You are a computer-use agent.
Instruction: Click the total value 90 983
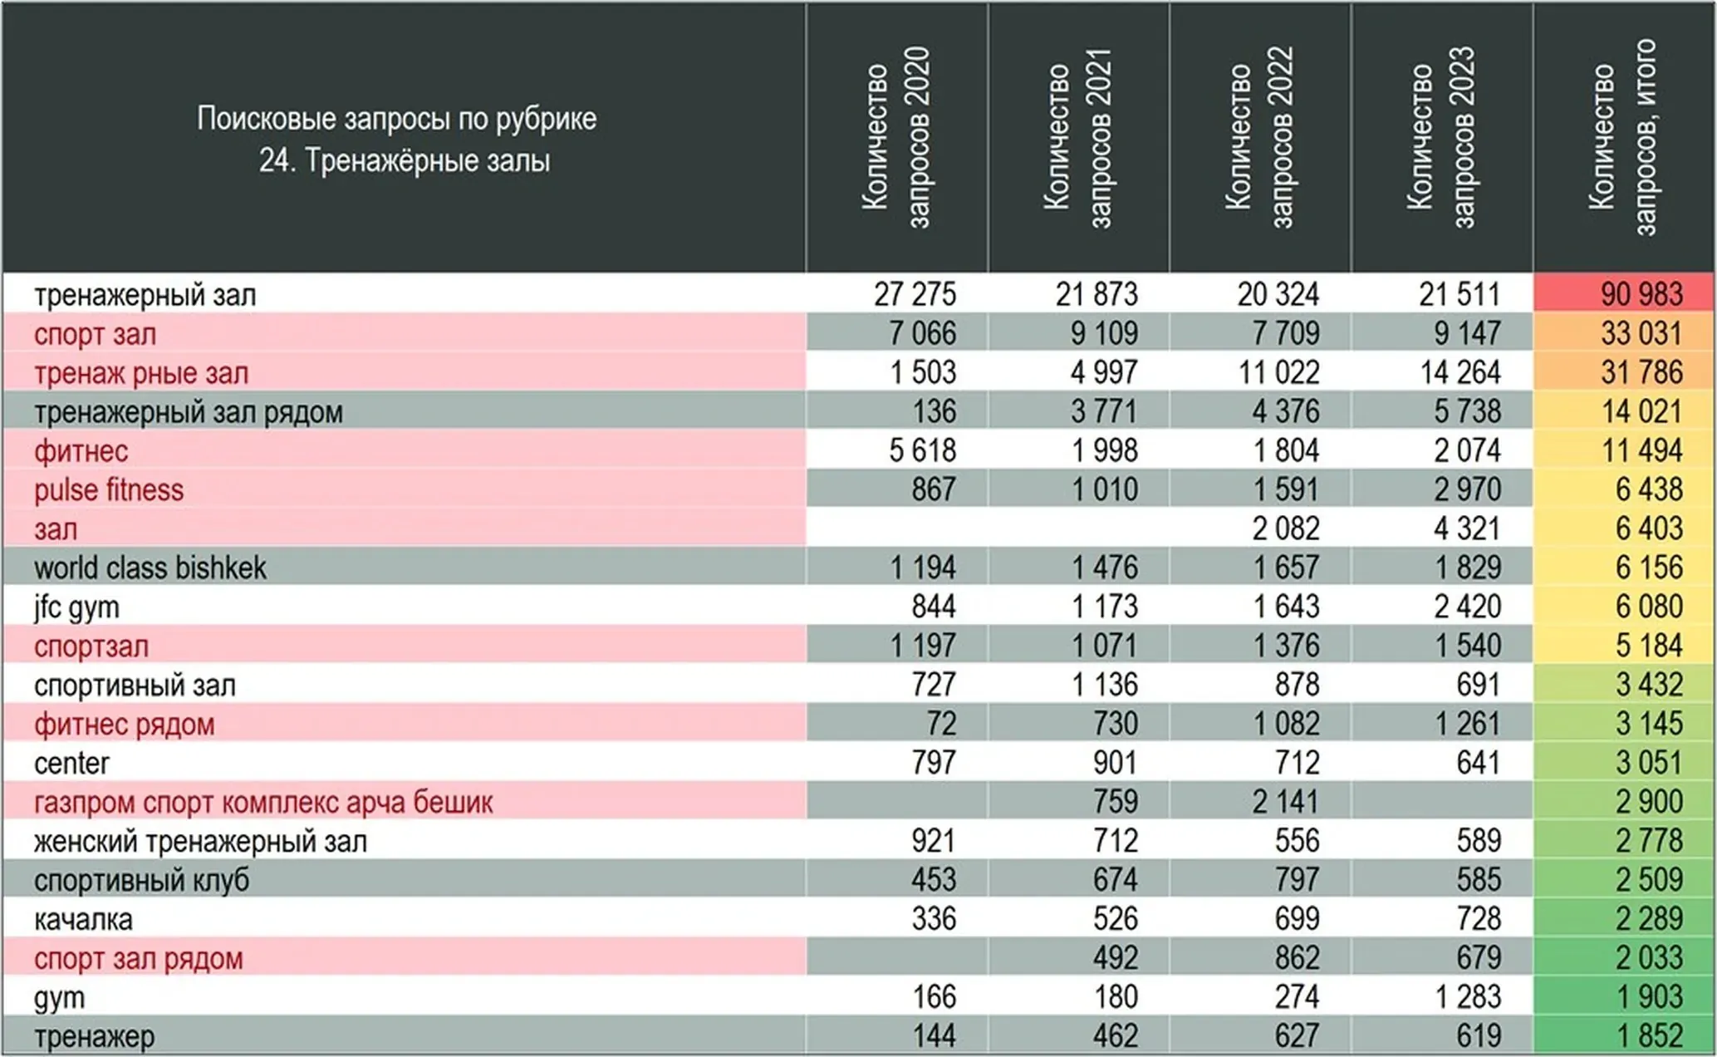[1641, 294]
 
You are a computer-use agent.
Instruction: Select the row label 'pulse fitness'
[109, 490]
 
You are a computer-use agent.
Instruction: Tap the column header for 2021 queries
[1077, 138]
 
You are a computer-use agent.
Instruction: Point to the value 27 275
[915, 294]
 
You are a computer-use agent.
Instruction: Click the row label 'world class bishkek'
[150, 568]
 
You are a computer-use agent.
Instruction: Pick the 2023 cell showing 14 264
[1460, 372]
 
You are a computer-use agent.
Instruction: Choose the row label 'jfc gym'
[76, 607]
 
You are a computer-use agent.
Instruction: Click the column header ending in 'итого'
[1622, 138]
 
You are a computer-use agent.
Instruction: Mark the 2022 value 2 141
[1286, 802]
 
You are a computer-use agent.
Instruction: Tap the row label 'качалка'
[83, 920]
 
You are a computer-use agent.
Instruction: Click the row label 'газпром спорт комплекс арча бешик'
[263, 803]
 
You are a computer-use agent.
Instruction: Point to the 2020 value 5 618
[922, 450]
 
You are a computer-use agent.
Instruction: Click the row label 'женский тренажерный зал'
[200, 842]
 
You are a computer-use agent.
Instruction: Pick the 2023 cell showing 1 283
[1468, 997]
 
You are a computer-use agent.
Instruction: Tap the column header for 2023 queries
[1441, 138]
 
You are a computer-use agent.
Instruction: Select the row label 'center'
[71, 764]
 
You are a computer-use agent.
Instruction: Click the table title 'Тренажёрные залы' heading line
[405, 160]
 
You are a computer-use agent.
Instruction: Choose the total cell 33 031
[1641, 333]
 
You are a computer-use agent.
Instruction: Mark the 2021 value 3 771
[1104, 411]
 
